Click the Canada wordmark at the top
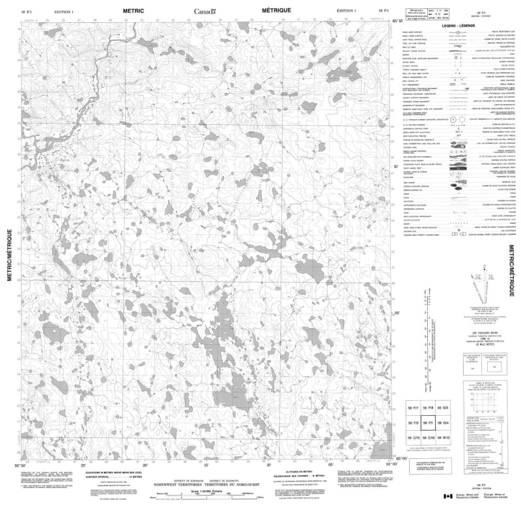(207, 11)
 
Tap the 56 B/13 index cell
(443, 437)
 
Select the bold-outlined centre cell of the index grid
(428, 422)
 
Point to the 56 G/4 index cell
(443, 422)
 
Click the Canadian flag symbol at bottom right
(447, 497)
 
